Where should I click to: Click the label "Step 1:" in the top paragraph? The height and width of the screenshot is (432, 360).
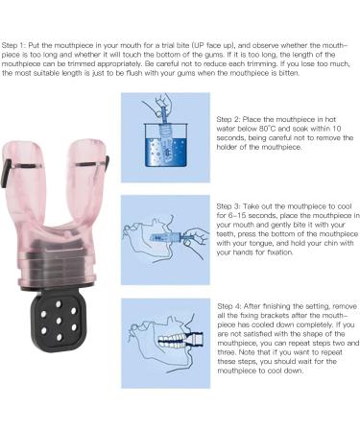click(13, 45)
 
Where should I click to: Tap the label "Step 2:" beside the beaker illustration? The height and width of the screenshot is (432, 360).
click(228, 119)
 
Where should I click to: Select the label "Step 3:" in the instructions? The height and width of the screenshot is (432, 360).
click(228, 206)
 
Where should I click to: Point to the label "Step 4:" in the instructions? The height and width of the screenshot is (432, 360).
click(229, 306)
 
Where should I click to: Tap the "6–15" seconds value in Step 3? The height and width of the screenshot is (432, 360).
click(236, 216)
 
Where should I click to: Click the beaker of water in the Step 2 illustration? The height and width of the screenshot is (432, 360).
click(165, 145)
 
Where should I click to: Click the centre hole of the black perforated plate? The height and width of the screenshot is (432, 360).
click(59, 321)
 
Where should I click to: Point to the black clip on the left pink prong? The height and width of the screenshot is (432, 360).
click(5, 174)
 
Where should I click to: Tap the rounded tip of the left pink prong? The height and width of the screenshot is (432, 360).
click(22, 146)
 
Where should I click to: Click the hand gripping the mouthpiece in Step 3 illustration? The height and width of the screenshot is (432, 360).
click(197, 236)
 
